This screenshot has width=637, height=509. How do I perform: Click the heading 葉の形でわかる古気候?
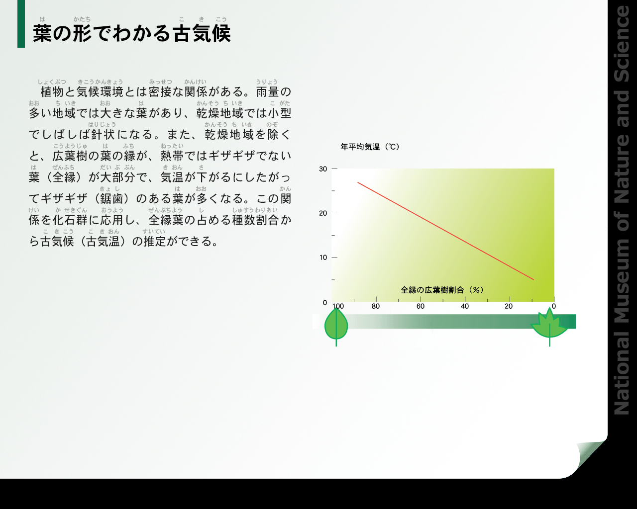132,33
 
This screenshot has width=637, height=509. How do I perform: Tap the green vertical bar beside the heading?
21,24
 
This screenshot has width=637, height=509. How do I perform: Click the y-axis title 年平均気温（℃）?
370,147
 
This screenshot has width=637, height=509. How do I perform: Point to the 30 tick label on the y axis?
323,169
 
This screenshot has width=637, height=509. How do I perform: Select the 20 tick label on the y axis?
323,213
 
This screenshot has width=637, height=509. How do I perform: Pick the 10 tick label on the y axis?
323,257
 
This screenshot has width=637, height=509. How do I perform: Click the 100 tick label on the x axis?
338,306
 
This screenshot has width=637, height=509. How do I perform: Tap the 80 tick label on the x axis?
376,306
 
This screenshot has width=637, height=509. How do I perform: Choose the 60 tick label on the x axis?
421,306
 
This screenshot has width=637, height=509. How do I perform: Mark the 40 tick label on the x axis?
465,306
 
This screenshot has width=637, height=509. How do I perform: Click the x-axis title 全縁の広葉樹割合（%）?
442,290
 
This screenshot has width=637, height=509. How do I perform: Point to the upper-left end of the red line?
358,182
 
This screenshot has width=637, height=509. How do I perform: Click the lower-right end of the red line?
533,279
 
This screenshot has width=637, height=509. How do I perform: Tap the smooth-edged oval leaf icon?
336,326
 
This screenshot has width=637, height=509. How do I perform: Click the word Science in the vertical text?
622,44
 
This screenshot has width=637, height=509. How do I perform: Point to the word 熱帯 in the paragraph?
172,156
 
